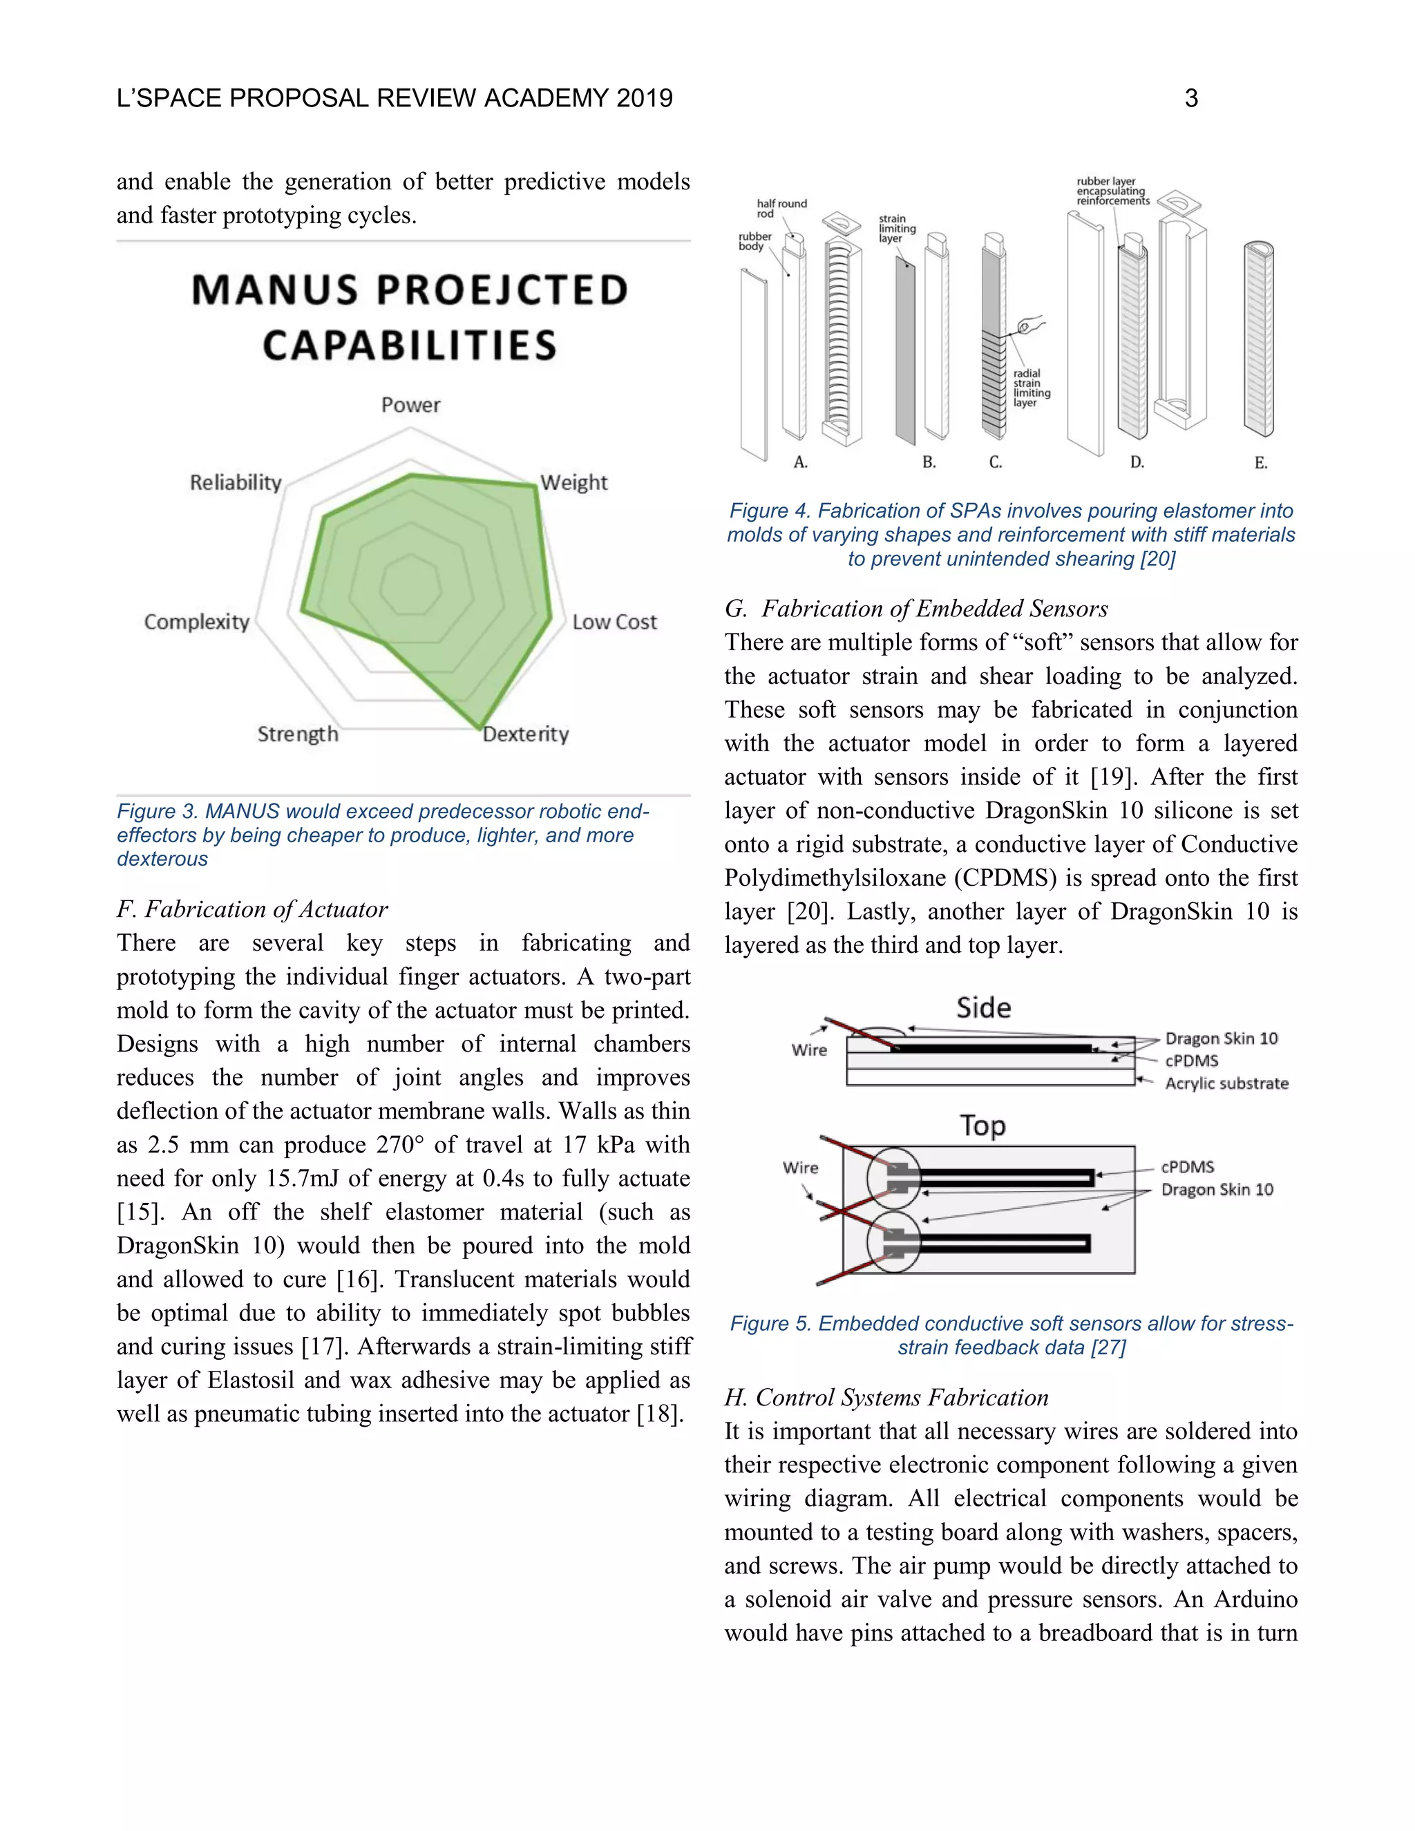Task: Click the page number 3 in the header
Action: (x=1190, y=99)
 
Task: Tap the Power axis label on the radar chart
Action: (x=411, y=405)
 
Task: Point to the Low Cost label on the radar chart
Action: (x=614, y=622)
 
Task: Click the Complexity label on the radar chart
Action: (x=197, y=622)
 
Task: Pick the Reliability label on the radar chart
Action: (x=236, y=483)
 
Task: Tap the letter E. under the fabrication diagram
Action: (x=1260, y=463)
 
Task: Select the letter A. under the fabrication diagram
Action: (x=801, y=463)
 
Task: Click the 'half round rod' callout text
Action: (x=781, y=208)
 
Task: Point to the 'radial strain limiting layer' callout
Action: (x=1031, y=388)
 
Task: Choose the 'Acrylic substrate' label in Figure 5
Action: (x=1226, y=1083)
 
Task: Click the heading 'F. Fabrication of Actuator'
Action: (x=252, y=910)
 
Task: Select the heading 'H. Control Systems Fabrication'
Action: (x=886, y=1398)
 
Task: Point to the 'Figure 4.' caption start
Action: (x=769, y=511)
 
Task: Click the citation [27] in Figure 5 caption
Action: (x=1108, y=1347)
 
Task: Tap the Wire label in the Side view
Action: (x=809, y=1050)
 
